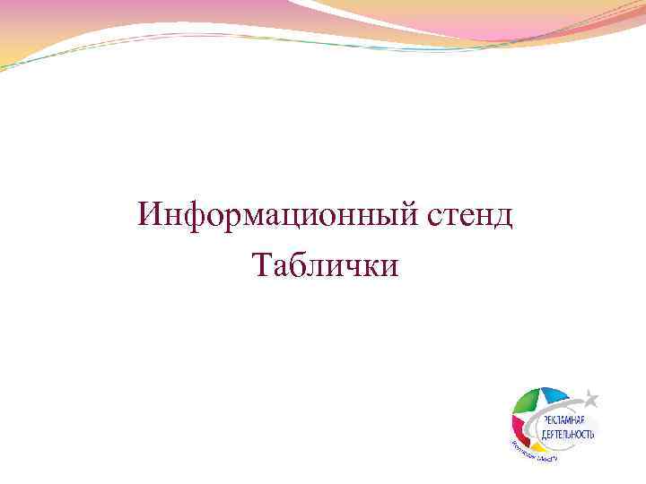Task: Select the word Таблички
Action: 327,265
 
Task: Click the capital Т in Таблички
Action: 263,265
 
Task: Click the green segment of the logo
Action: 528,403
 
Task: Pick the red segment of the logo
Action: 520,429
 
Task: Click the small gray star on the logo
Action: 589,395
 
